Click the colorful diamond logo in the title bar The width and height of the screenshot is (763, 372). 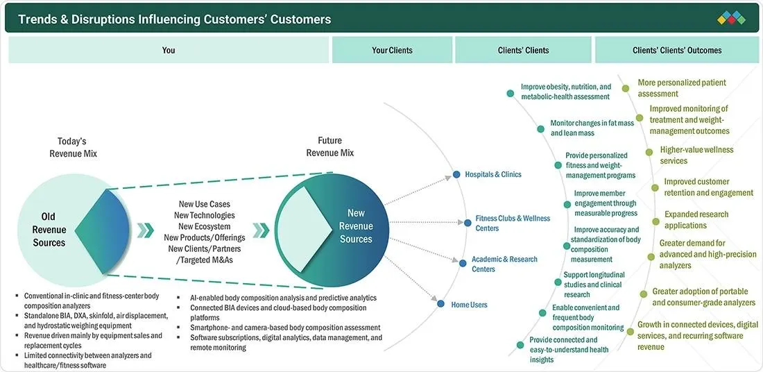click(x=731, y=18)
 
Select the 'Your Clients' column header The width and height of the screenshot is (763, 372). click(x=392, y=50)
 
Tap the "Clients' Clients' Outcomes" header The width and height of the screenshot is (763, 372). click(x=677, y=50)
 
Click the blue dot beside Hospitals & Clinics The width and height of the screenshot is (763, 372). click(x=456, y=174)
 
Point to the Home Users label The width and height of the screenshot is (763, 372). click(x=469, y=305)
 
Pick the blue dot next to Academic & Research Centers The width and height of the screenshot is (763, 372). click(x=463, y=264)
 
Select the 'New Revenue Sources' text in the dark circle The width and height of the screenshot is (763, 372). click(x=357, y=226)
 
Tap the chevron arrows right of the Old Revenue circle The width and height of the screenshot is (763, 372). click(x=145, y=230)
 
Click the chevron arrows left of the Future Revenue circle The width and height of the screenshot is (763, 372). click(x=260, y=230)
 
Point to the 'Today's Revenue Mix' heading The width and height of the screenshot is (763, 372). click(x=73, y=147)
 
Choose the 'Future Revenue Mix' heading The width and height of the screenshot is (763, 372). click(x=330, y=146)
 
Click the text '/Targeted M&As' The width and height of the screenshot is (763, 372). click(x=205, y=260)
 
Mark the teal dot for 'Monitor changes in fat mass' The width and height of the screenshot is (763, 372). click(x=540, y=129)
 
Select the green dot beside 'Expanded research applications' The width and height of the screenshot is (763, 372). click(x=655, y=221)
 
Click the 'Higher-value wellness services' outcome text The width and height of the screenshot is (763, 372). click(x=696, y=155)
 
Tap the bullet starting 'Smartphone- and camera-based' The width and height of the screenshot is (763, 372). click(x=284, y=328)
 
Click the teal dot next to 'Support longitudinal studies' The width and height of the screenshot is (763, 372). click(x=558, y=282)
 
